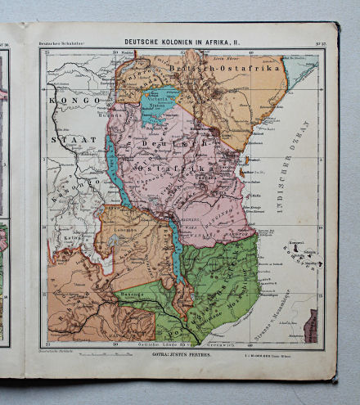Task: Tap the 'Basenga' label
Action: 133,290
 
